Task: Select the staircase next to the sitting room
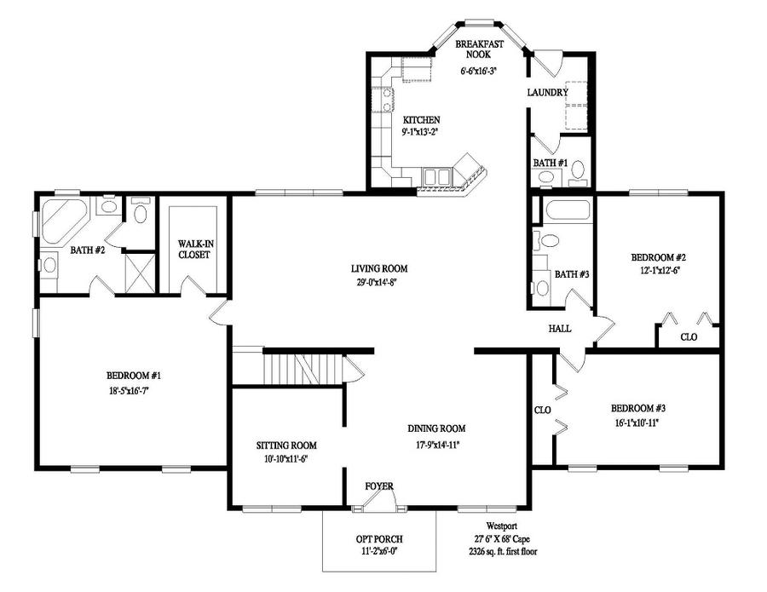click(x=302, y=371)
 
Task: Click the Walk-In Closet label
click(x=195, y=249)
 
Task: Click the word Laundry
click(x=547, y=92)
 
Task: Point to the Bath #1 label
click(x=550, y=163)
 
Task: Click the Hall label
click(x=560, y=328)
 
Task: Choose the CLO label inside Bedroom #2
click(x=689, y=336)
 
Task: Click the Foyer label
click(x=379, y=486)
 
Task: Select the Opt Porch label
click(x=379, y=539)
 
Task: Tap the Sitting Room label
click(x=286, y=445)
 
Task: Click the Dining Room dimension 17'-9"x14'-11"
click(x=436, y=444)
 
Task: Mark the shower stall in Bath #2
click(x=137, y=271)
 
